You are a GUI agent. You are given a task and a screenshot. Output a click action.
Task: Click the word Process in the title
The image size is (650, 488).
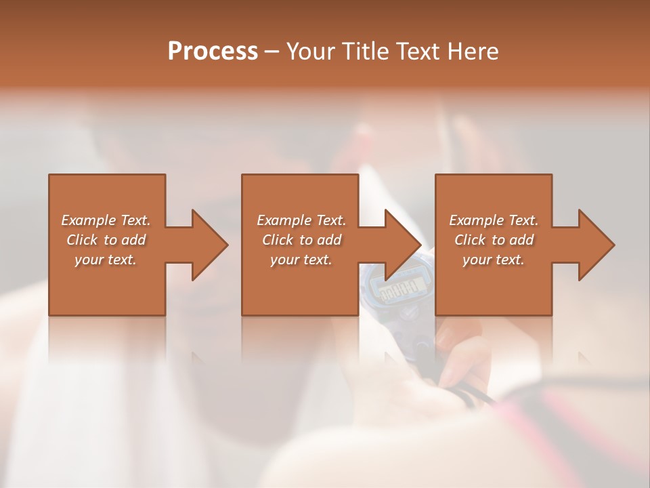point(213,52)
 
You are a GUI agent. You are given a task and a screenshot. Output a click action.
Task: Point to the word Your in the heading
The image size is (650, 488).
point(309,52)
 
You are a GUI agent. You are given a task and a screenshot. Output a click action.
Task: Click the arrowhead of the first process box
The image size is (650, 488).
point(207,245)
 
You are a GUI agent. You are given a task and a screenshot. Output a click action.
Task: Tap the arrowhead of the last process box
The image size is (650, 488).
point(594,245)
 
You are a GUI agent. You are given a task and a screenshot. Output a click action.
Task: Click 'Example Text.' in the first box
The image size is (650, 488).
point(106,220)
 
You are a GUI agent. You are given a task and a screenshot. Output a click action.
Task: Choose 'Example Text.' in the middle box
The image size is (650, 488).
point(301,220)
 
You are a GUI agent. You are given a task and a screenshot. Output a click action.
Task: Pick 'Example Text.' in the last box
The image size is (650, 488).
point(494,220)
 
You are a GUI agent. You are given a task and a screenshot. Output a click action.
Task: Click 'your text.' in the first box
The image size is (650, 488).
point(106,260)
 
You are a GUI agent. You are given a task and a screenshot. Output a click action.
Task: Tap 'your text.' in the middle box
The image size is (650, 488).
point(301,260)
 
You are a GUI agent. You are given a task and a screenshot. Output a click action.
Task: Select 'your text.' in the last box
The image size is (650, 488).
point(494,260)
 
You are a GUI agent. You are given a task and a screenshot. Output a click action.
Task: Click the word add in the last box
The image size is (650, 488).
point(521,240)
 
